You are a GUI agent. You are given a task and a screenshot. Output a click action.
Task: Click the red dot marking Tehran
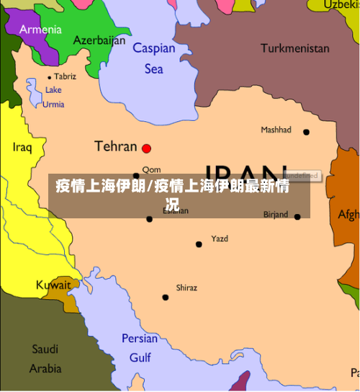point(147,148)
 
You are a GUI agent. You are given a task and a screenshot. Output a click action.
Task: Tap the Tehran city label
point(115,146)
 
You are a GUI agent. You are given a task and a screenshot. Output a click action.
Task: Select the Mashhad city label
point(276,130)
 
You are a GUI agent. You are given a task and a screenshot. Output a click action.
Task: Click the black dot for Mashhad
point(306,132)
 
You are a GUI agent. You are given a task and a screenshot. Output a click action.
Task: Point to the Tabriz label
point(65,76)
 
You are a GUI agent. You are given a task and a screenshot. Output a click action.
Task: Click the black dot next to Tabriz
point(50,77)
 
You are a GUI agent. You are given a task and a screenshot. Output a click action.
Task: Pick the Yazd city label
point(219,239)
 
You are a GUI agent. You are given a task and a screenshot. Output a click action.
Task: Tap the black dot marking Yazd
point(199,244)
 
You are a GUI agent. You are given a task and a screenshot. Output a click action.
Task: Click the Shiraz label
point(186,288)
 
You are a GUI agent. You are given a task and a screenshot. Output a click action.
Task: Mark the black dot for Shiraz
point(166,297)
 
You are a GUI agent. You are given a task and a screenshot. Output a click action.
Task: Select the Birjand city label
point(276,214)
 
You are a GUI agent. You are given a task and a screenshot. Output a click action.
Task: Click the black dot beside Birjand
point(297,216)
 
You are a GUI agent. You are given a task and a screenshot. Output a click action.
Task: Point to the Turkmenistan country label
point(294,48)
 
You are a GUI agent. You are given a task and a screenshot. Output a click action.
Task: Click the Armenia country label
point(40,30)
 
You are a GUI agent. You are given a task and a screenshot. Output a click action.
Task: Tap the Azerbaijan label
point(99,40)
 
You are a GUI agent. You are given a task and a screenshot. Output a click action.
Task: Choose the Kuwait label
point(53,285)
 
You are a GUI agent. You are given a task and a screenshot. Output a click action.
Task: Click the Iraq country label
point(22,147)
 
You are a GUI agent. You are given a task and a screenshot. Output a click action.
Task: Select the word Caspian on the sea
point(154,48)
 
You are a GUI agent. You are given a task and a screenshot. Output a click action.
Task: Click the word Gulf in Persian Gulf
point(140,357)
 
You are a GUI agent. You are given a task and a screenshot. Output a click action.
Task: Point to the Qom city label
point(151,170)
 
